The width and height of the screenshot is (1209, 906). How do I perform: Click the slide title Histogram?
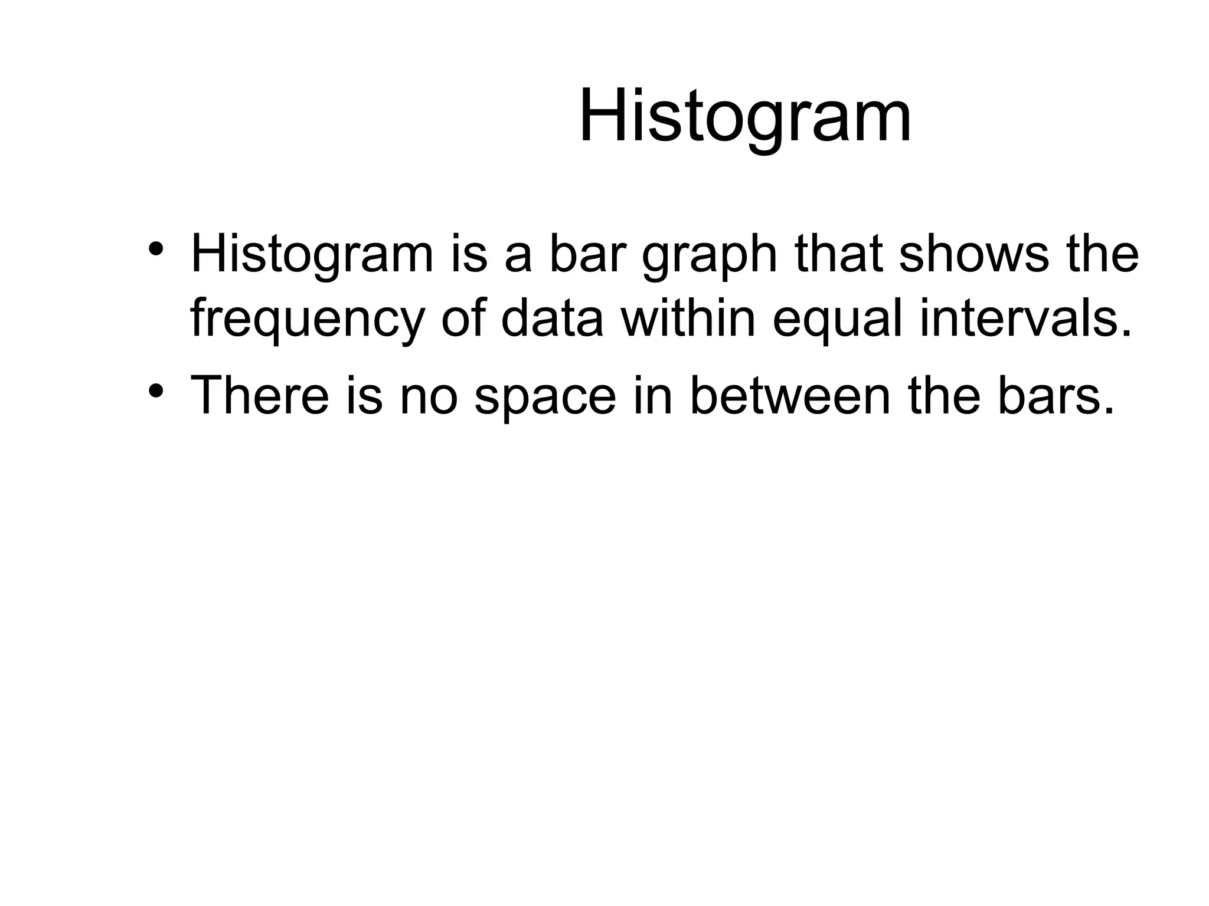click(745, 116)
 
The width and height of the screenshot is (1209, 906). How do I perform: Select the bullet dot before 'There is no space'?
click(155, 389)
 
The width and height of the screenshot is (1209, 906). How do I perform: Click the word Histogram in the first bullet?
click(312, 255)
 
